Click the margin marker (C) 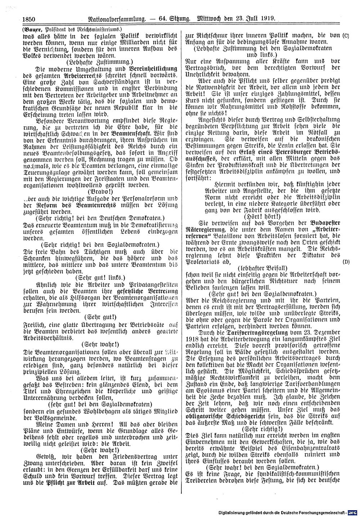tap(346, 36)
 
